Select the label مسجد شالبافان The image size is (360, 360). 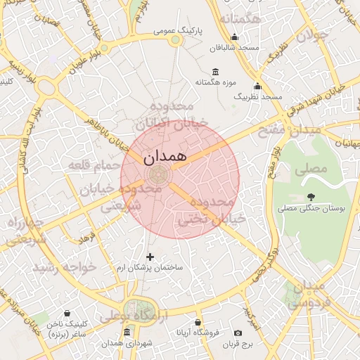point(235,47)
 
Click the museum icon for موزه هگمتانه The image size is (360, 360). point(215,72)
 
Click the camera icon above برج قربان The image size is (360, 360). point(238,333)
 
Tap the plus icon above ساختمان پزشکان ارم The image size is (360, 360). point(149,257)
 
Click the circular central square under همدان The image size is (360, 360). point(157,175)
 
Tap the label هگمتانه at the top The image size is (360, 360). point(241,19)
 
